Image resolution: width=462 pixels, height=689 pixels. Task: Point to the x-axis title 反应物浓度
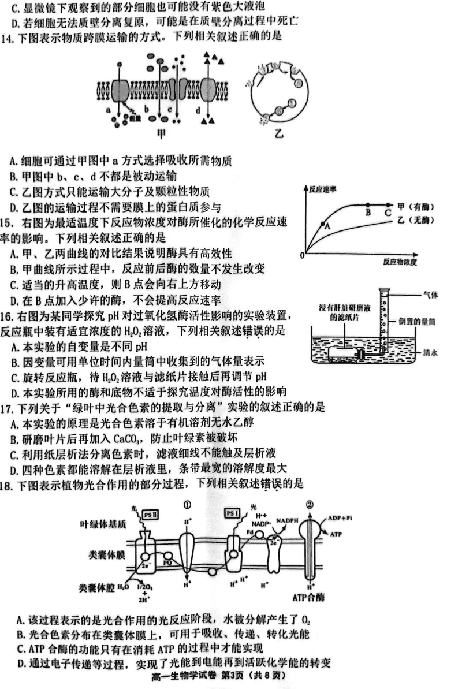point(399,262)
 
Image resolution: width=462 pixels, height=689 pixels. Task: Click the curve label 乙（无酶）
point(415,221)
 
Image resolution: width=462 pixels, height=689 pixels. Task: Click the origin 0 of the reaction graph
point(303,255)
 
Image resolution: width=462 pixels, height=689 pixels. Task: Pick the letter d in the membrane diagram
point(198,109)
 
